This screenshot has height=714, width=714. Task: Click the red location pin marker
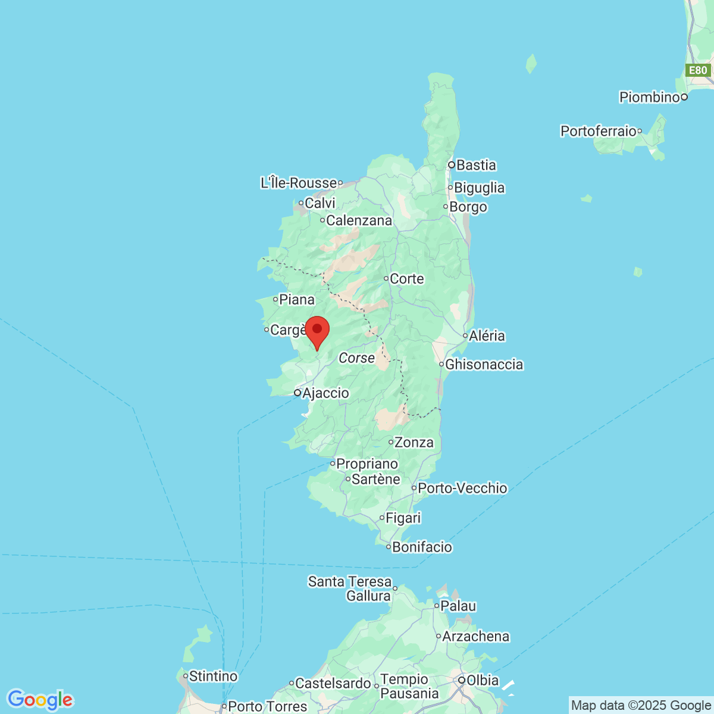(x=317, y=331)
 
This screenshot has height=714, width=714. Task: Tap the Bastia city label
(x=475, y=165)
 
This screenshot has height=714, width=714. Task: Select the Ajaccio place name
(x=325, y=393)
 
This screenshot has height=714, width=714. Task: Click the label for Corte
(x=407, y=278)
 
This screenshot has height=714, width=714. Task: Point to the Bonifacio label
(x=422, y=547)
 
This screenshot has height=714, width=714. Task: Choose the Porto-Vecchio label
(x=462, y=488)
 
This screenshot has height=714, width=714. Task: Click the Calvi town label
(x=320, y=203)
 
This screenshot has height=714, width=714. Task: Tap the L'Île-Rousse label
(x=299, y=183)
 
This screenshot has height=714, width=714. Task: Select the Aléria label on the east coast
(x=487, y=336)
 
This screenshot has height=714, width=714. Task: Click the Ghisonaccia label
(x=484, y=364)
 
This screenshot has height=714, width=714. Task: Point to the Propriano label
(x=367, y=464)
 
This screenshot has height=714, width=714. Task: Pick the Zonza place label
(x=414, y=442)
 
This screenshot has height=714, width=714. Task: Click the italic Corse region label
(x=357, y=358)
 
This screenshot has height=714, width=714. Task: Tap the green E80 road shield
(x=697, y=70)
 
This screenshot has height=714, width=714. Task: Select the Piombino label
(x=649, y=97)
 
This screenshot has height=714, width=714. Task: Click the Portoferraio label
(x=599, y=131)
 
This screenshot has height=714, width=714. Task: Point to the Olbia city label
(x=483, y=680)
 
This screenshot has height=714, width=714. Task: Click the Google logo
(x=40, y=700)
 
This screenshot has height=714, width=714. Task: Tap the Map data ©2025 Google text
(x=641, y=706)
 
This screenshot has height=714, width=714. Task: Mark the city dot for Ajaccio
(x=297, y=393)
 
